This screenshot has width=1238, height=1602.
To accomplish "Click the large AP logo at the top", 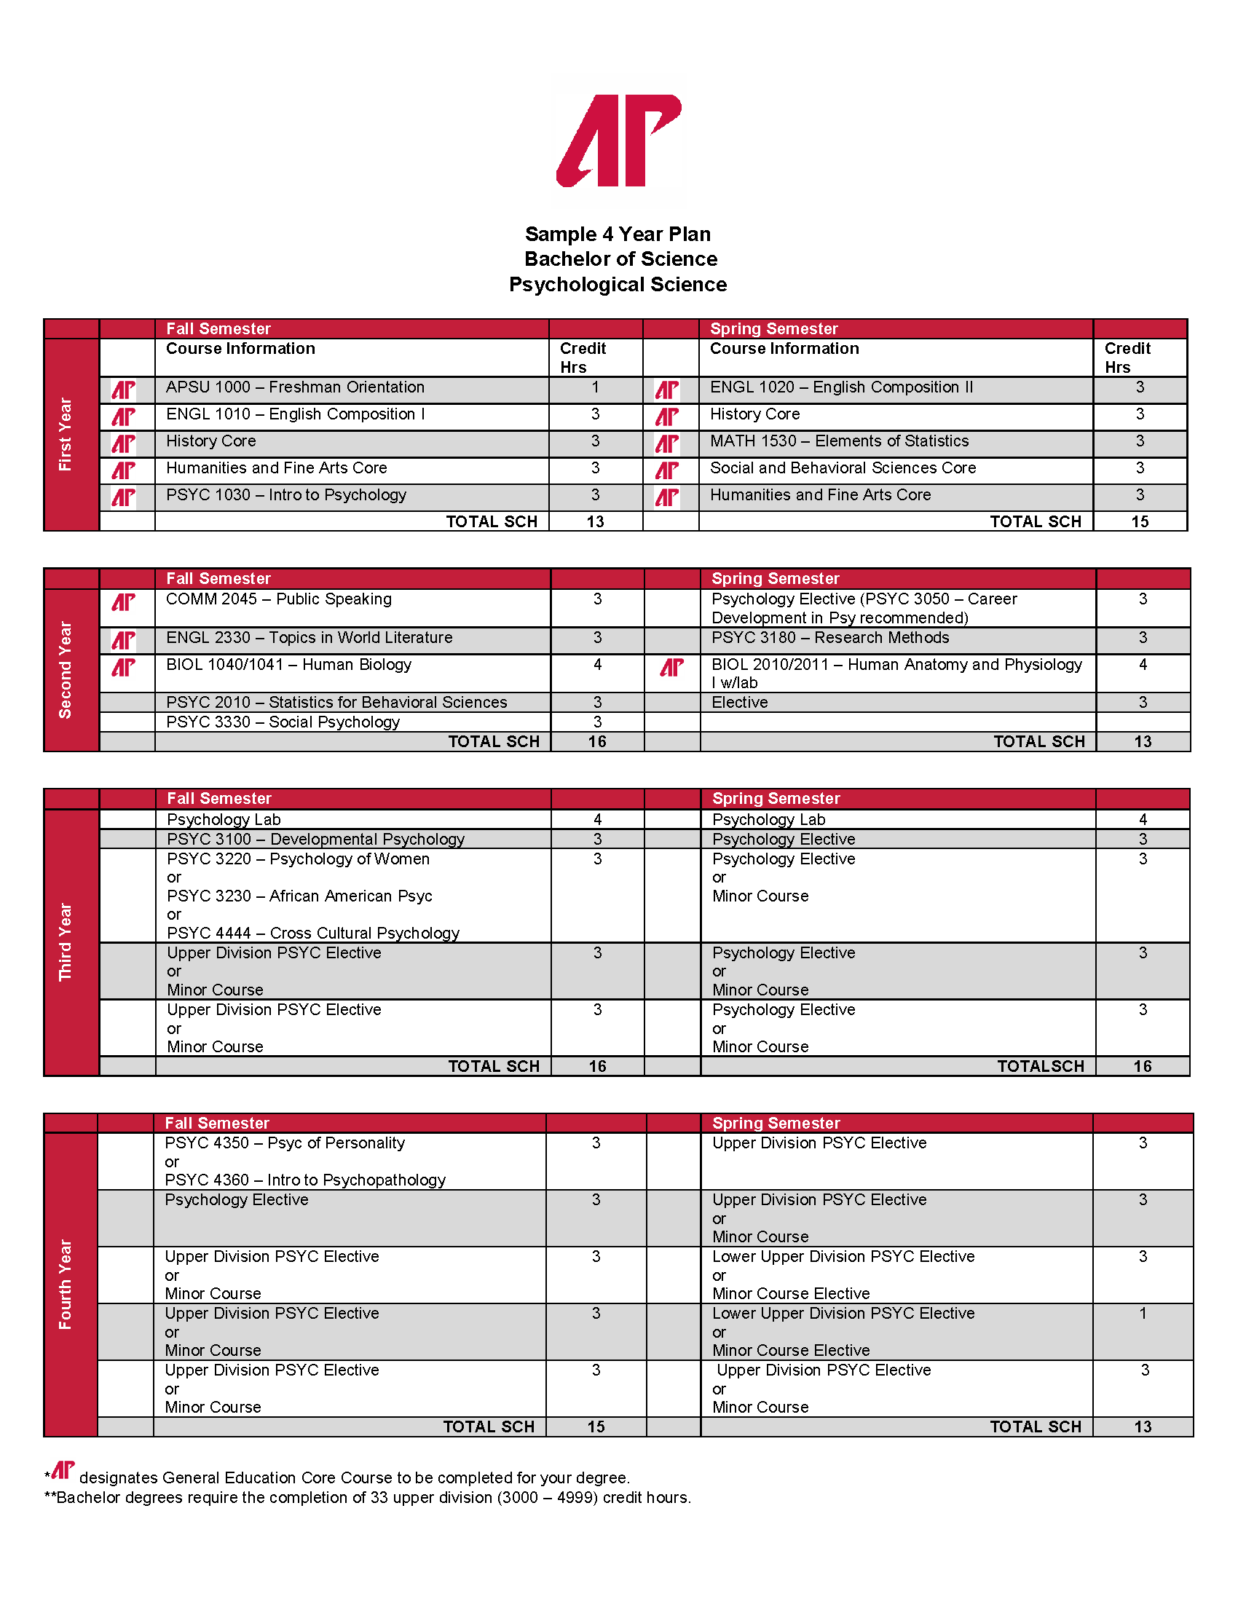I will tap(619, 140).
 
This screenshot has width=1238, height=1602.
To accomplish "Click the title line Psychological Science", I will tap(618, 284).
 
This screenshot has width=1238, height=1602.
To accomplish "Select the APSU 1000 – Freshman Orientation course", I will tap(295, 387).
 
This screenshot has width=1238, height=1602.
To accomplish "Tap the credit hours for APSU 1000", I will tap(595, 387).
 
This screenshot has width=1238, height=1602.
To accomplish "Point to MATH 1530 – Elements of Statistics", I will tap(839, 441).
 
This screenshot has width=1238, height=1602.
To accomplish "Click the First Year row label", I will tap(66, 434).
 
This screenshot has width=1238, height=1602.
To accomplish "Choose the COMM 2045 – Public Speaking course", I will tap(279, 599).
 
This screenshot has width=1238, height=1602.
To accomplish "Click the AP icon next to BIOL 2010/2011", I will tap(671, 668).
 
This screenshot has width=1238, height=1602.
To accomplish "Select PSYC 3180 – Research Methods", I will tap(829, 638).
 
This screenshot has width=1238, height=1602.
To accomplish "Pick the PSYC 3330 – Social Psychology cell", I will tap(283, 722).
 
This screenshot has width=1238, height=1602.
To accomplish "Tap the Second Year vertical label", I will tap(66, 670).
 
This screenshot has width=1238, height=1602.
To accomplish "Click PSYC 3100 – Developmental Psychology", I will tap(315, 839).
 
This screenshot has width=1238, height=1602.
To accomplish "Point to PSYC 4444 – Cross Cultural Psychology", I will tap(313, 933).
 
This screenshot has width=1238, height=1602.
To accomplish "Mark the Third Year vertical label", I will tap(66, 942).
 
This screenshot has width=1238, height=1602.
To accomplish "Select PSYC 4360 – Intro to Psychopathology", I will tap(305, 1180).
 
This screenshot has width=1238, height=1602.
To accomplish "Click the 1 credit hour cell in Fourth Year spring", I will tap(1142, 1314).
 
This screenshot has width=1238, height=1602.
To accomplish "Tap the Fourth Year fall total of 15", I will tap(596, 1427).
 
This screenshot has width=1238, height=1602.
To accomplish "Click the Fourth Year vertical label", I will tap(66, 1285).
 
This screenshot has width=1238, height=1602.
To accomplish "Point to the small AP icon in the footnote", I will tap(63, 1470).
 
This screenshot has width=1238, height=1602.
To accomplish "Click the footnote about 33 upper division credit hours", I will tap(368, 1498).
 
